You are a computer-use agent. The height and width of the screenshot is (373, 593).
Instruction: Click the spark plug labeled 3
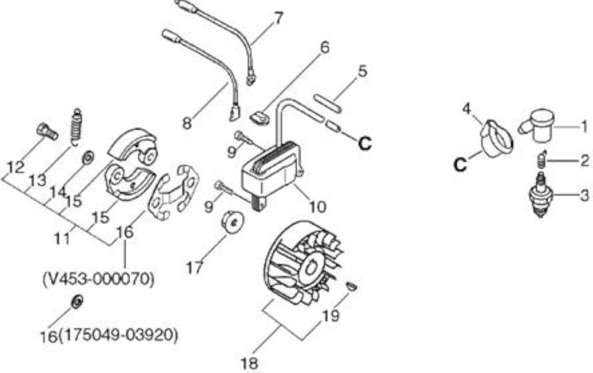click(x=541, y=195)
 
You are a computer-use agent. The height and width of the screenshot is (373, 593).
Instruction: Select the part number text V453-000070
click(x=98, y=279)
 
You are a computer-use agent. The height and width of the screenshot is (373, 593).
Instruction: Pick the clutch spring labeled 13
click(x=76, y=127)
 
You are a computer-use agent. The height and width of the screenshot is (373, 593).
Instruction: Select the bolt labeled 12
click(x=47, y=132)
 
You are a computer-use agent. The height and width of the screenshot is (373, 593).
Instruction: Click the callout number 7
click(x=278, y=18)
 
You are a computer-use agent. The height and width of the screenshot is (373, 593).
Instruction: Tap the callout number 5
click(x=362, y=71)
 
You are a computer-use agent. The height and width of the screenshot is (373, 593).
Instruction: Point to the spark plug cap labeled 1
click(x=537, y=125)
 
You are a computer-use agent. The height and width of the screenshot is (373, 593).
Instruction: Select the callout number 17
click(x=195, y=268)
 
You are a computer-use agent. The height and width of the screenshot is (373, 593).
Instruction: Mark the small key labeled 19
click(x=352, y=287)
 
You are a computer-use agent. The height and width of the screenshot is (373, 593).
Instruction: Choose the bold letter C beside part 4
click(x=460, y=165)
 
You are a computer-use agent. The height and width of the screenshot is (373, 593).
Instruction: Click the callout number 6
click(x=325, y=48)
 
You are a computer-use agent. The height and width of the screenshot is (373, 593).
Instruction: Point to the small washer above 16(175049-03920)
click(x=77, y=302)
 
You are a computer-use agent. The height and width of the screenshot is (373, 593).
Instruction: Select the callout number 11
click(x=62, y=238)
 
